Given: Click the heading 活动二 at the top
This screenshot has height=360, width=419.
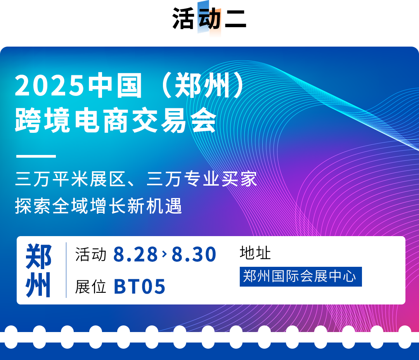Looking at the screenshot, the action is pos(209,18).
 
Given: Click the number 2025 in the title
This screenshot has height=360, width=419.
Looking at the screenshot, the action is pos(49,85).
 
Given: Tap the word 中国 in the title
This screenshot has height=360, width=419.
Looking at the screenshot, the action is pos(115,85).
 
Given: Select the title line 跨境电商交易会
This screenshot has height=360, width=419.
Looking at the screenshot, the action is pos(116,120).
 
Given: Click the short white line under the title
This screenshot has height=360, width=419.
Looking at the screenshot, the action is pos(36,156).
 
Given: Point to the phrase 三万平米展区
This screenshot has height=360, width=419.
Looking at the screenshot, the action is pos(71,179).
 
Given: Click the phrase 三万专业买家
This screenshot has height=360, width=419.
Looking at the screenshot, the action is pos(202,179).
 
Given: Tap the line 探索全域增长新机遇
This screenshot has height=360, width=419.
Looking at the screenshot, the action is pos(99,206).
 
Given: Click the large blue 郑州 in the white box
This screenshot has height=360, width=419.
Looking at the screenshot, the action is pos(38,270).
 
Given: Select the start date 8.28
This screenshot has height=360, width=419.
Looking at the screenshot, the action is pos(135,254).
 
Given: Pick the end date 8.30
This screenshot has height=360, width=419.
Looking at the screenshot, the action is pos(194,254).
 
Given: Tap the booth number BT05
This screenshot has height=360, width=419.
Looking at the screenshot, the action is pos(140,287).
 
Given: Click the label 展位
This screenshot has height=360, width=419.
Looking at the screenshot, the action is pos(90,287).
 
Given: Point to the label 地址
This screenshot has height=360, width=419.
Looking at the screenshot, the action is pos(255,253).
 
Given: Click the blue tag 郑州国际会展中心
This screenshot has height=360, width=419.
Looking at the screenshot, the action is pos(301,277).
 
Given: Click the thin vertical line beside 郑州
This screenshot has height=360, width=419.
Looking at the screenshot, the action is pos(66,270).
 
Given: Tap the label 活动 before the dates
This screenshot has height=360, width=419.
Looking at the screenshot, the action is pos(91,254).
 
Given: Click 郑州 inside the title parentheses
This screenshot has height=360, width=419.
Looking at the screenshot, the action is pos(202,85).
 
